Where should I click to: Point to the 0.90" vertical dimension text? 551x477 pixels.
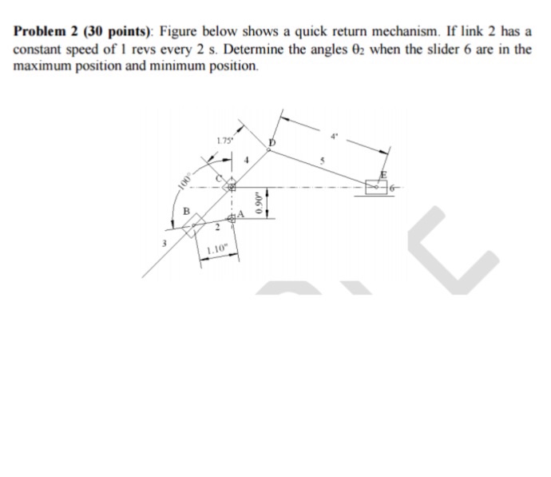click(x=256, y=205)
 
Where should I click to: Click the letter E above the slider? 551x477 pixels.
click(x=383, y=176)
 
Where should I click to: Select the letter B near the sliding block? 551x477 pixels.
click(x=186, y=213)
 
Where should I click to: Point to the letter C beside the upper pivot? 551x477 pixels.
click(x=219, y=179)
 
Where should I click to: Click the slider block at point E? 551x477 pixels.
click(x=376, y=186)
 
